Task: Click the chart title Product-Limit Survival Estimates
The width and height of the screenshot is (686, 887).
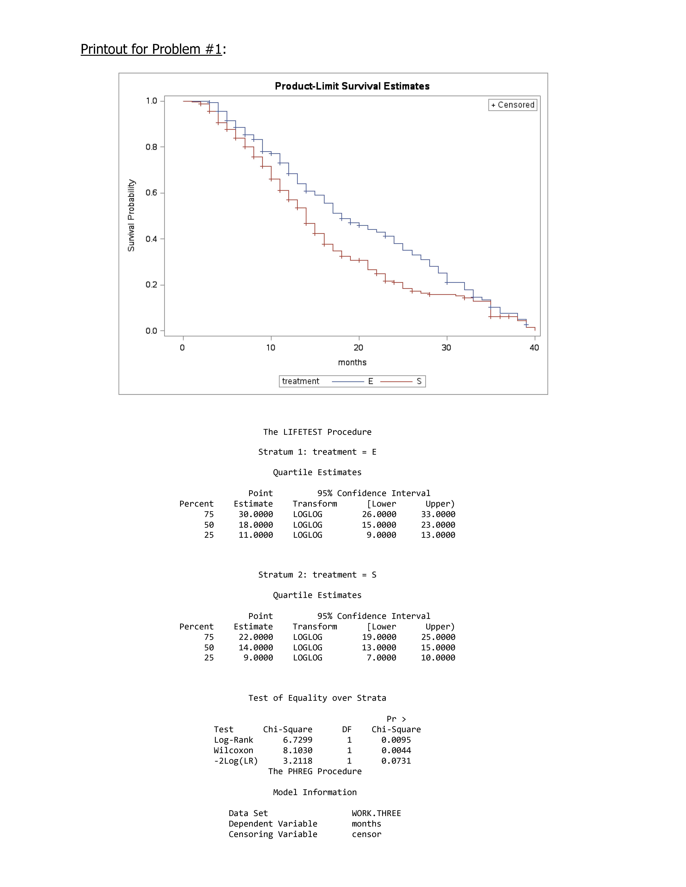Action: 352,86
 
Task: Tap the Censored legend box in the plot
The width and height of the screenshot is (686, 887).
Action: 512,105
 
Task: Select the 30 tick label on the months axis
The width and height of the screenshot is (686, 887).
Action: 446,348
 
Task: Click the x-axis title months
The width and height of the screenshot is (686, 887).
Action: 352,362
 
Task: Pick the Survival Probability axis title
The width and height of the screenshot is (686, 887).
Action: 131,215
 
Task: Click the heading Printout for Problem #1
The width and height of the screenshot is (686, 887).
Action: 151,49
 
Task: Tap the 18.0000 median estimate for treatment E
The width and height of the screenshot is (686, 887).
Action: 256,525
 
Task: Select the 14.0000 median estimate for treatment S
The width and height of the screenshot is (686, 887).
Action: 256,647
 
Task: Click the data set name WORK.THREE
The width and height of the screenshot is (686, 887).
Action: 376,813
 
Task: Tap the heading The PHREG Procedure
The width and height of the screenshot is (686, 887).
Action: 315,771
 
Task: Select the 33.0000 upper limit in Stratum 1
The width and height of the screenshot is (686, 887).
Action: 438,514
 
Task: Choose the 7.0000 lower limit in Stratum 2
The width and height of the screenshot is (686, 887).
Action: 381,658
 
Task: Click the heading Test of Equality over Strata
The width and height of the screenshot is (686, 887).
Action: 317,698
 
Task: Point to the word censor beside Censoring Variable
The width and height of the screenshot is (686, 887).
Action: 367,834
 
